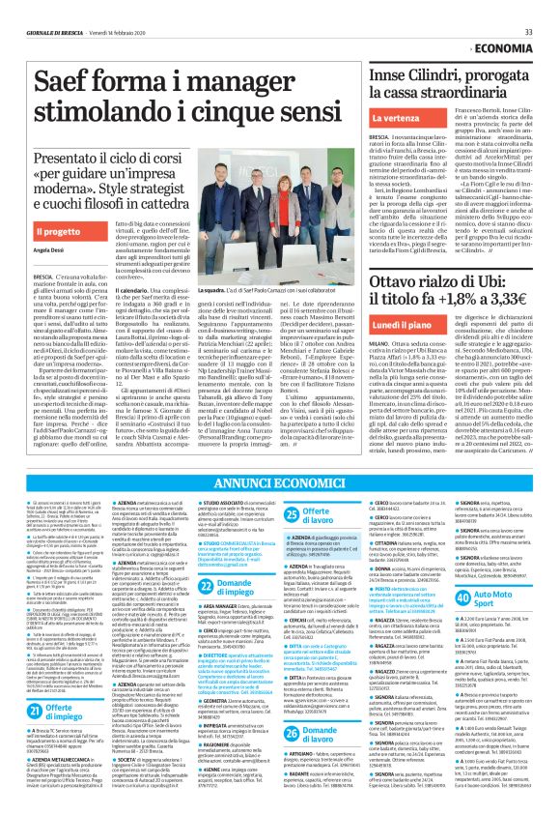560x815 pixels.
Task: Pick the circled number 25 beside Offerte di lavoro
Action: (x=290, y=509)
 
